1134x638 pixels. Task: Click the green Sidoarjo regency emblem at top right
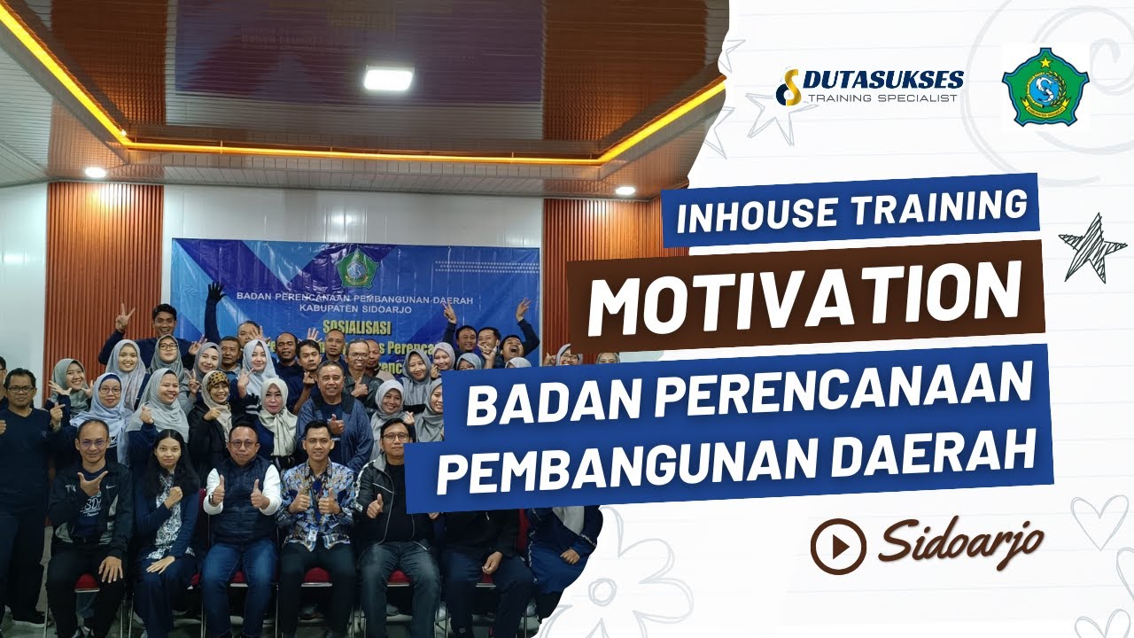[1045, 87]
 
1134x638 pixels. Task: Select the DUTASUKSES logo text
[882, 81]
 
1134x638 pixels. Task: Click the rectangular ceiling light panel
[388, 78]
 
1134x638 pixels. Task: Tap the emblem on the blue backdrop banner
[354, 268]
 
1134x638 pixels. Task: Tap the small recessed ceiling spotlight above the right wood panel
[625, 191]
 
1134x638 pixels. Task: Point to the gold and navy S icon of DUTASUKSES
[788, 87]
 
